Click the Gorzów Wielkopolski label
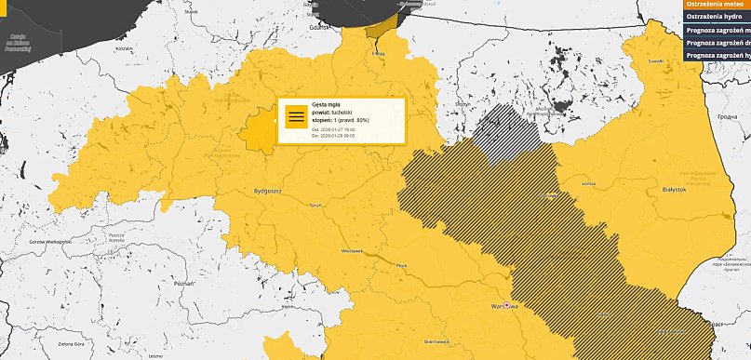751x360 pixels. pyautogui.click(x=51, y=241)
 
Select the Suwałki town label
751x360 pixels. pyautogui.click(x=656, y=60)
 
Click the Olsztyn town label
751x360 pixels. pyautogui.click(x=461, y=104)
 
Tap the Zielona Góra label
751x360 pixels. pyautogui.click(x=67, y=344)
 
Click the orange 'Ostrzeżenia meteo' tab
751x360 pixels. pyautogui.click(x=717, y=4)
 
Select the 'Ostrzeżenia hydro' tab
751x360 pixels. pyautogui.click(x=717, y=17)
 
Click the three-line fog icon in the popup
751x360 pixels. pyautogui.click(x=296, y=117)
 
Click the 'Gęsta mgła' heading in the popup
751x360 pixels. pyautogui.click(x=327, y=105)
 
